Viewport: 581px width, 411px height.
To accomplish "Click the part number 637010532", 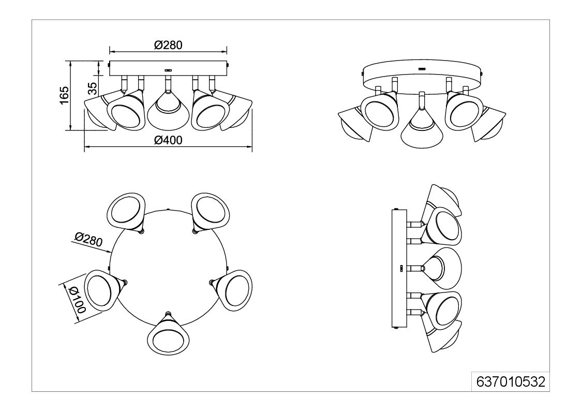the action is click(x=511, y=381).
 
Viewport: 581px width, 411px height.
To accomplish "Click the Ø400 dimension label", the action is click(x=168, y=140).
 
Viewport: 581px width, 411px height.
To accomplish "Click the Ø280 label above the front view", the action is click(x=168, y=45).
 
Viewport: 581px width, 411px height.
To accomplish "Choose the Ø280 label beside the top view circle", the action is click(x=88, y=240).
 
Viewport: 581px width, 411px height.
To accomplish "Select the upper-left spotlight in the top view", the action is click(x=126, y=212).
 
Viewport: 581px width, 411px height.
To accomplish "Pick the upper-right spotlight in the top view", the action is click(x=211, y=212).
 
